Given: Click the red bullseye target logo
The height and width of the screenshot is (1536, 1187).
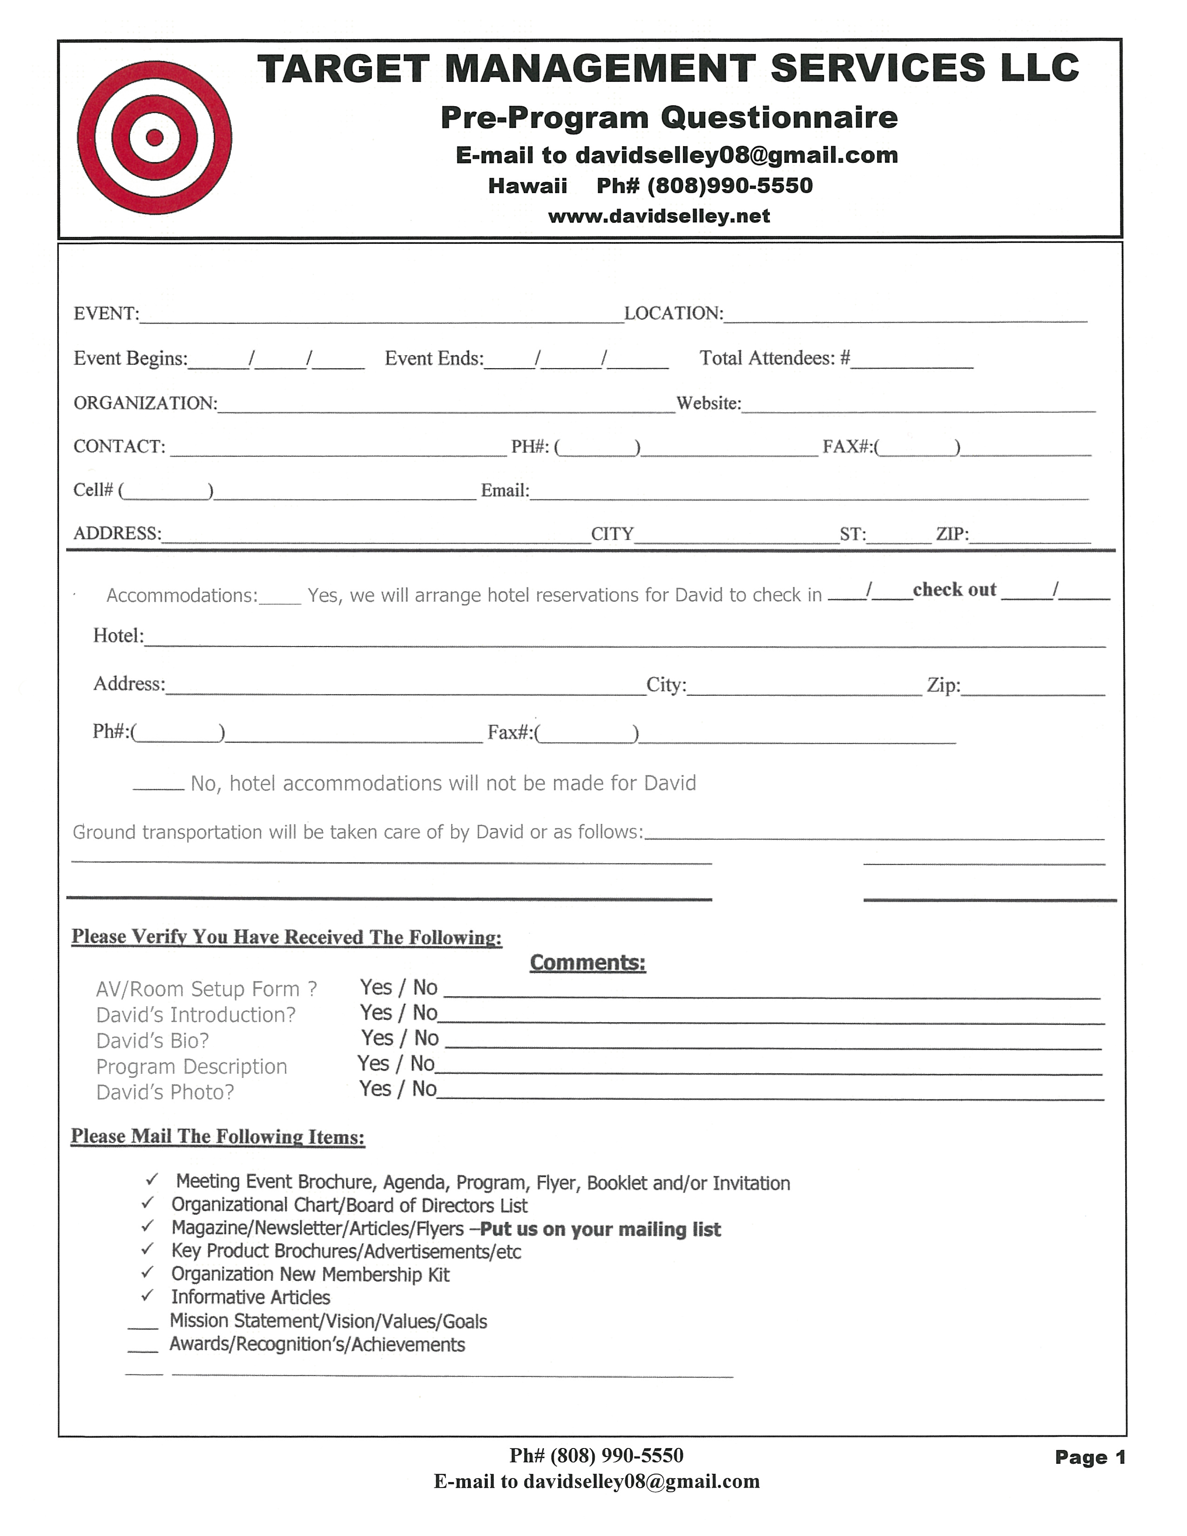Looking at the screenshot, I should click(x=154, y=138).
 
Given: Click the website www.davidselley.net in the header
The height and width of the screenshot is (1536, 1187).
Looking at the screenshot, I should click(x=659, y=216).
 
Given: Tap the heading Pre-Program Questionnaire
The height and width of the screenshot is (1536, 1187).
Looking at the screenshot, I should click(x=669, y=117).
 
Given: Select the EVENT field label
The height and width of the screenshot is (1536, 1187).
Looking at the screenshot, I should click(x=106, y=314).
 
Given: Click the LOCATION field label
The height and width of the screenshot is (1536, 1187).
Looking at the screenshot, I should click(x=673, y=314).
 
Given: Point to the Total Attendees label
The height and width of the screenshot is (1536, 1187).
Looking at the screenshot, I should click(x=774, y=359).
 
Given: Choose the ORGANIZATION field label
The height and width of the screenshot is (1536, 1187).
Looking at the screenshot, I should click(x=145, y=403).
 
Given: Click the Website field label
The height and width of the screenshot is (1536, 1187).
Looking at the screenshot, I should click(x=708, y=404).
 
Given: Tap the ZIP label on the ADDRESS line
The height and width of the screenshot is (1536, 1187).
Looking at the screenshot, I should click(x=951, y=534).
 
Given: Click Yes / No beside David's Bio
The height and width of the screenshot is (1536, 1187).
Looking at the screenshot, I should click(x=399, y=1038).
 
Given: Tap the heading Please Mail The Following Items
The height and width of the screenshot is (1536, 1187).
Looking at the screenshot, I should click(x=218, y=1137).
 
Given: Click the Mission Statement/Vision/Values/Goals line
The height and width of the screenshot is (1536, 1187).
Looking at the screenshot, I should click(x=328, y=1321).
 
